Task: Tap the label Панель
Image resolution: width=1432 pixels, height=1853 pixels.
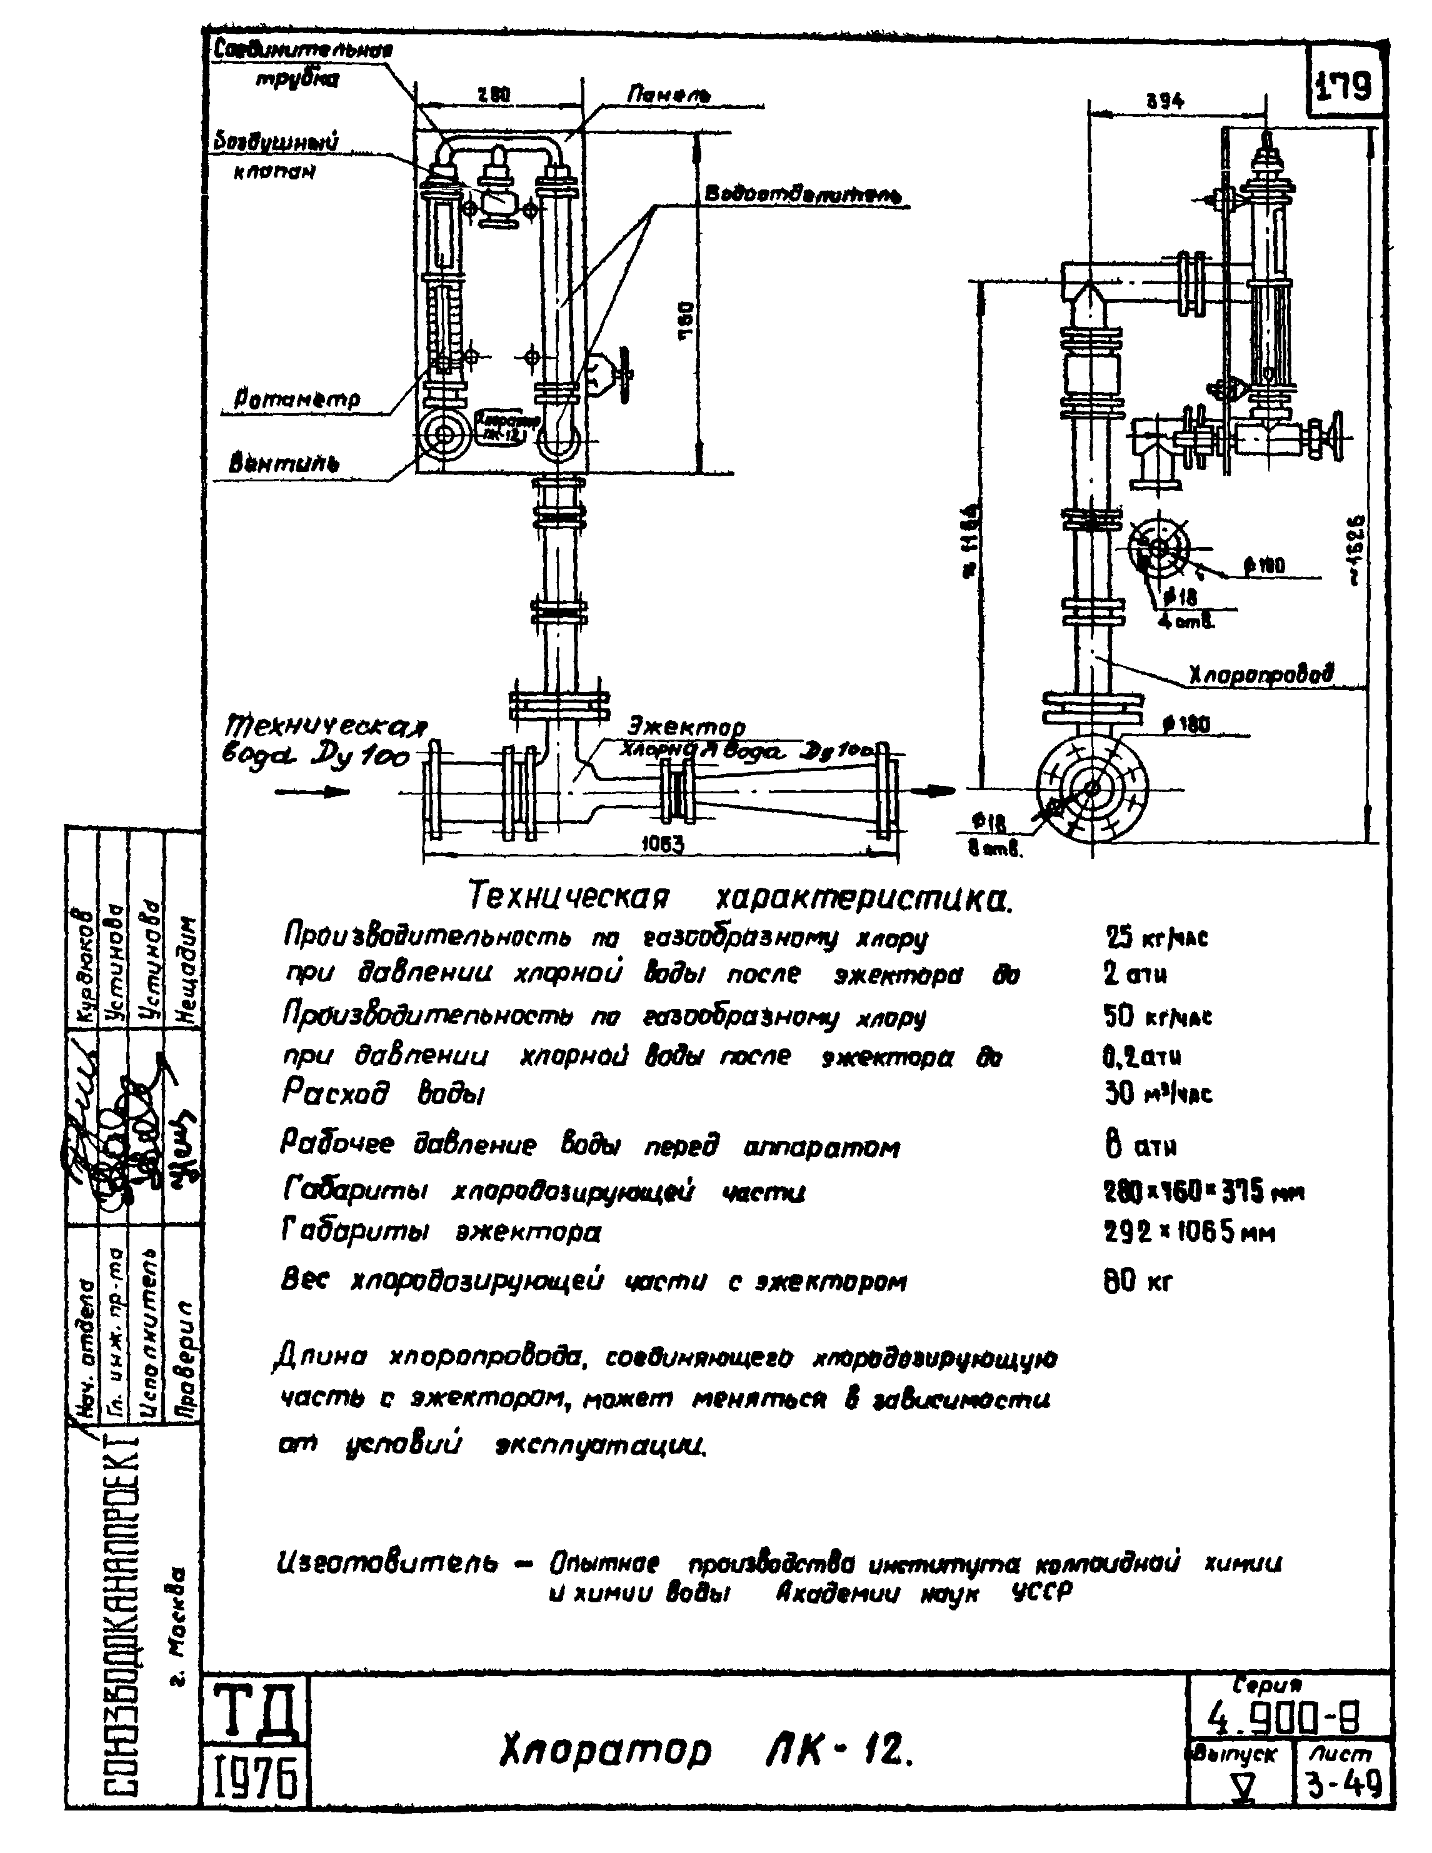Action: tap(668, 95)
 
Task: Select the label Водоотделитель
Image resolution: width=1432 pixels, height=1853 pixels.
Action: tap(802, 194)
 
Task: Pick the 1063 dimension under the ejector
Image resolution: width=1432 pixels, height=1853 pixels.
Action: tap(662, 843)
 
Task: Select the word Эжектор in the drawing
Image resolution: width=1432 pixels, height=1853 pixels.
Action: tap(686, 727)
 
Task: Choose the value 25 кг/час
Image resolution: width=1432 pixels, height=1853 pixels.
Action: tap(1156, 938)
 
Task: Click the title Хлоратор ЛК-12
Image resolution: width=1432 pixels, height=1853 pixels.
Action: tap(706, 1750)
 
